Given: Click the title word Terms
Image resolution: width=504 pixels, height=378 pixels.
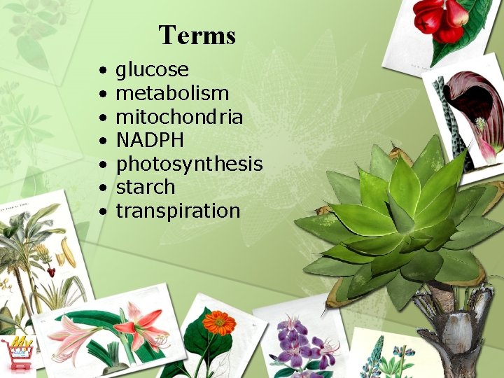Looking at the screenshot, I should [197, 34].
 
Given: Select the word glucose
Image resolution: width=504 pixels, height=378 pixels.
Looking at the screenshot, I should [152, 70].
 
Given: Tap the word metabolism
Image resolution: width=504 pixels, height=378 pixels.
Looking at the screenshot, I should [172, 93].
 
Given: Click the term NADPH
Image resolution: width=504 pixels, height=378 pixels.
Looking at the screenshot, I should [150, 141].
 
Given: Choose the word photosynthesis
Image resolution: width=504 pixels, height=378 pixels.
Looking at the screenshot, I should [189, 164].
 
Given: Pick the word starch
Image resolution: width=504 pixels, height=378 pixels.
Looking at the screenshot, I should [145, 188].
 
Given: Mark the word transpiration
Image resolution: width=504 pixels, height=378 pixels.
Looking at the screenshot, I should [178, 211].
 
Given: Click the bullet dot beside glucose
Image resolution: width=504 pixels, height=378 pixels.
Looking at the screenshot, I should [102, 71].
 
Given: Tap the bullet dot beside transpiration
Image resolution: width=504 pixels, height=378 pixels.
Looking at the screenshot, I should [102, 211].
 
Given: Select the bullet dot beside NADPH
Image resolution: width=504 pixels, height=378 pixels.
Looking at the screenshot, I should [102, 141].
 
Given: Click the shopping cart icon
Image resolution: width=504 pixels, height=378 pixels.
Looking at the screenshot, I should [17, 353].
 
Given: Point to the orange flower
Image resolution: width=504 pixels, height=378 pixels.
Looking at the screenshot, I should [218, 323].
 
